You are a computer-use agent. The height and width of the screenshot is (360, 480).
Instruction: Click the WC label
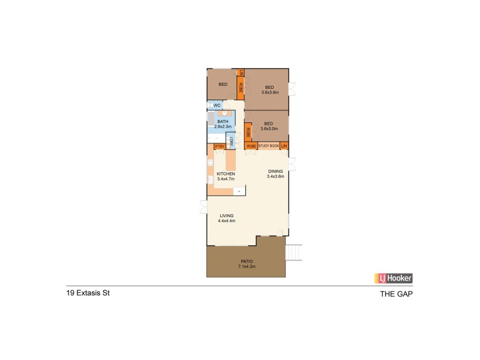pos(217,106)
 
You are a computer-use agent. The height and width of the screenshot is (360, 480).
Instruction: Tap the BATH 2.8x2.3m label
pos(223,124)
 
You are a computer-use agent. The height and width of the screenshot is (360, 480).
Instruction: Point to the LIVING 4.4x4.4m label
pos(227,218)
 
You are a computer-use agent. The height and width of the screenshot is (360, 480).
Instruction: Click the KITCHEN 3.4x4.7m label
pos(225,176)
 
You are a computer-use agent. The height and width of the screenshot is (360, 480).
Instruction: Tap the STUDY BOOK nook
pos(269,146)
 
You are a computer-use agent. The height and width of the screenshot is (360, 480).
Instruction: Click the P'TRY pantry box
pos(219,146)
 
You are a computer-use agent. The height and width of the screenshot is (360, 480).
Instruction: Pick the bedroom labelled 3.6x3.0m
pos(268,126)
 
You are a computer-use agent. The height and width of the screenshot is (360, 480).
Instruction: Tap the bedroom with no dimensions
pos(222,85)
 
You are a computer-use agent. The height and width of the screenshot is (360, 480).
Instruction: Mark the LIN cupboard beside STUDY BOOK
pos(284,146)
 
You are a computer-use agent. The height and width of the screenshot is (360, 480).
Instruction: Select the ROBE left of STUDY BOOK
pos(251,146)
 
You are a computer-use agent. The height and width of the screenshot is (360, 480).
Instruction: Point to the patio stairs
pos(294,254)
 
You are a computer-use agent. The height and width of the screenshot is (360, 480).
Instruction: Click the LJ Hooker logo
pos(394,278)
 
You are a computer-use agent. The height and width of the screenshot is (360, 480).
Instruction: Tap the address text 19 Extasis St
pos(88,294)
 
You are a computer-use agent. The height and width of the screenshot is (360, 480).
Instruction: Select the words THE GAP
pos(397,295)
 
